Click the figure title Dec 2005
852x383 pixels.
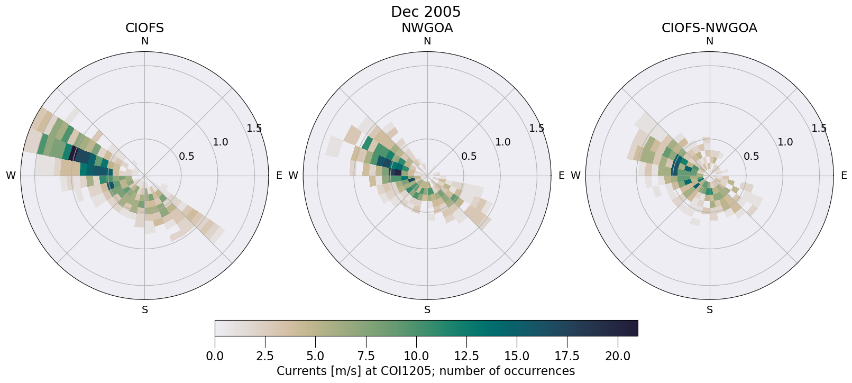pos(426,12)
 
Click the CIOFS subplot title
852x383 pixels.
pos(144,28)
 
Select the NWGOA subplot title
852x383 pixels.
pos(427,28)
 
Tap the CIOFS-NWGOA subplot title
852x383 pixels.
pos(709,28)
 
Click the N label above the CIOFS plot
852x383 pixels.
pos(145,41)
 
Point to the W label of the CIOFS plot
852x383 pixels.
pos(11,176)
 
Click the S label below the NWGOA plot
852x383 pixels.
pos(427,310)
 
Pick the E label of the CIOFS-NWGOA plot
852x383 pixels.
pos(844,176)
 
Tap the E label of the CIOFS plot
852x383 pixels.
pos(279,176)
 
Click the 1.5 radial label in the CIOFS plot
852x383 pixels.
pos(254,128)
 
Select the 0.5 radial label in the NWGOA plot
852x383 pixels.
pos(469,156)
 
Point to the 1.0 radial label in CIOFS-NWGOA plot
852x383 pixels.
pos(785,142)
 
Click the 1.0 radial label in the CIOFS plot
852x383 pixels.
pos(221,142)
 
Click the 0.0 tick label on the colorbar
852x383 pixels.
pos(215,356)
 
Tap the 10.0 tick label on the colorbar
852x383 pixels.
pos(416,356)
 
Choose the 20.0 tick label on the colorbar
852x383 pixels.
pos(618,356)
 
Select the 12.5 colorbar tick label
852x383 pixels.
pos(466,356)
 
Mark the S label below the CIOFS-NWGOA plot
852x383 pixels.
pos(710,310)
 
